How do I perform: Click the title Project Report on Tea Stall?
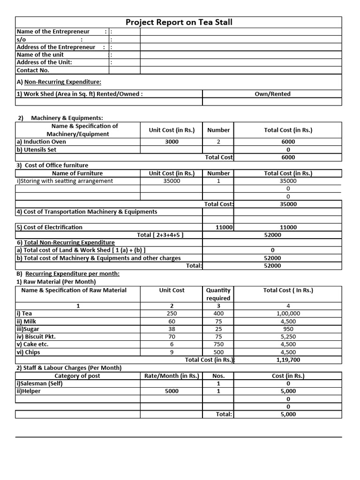click(x=179, y=22)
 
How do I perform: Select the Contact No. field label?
click(x=33, y=70)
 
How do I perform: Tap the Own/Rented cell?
click(x=272, y=94)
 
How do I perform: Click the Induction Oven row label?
click(x=41, y=142)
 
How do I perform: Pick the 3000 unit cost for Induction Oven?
click(x=172, y=142)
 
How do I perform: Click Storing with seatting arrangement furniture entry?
click(x=65, y=181)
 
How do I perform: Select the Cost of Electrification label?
click(x=50, y=227)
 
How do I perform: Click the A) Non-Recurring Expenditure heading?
click(x=59, y=82)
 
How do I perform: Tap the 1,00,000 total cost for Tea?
click(x=288, y=314)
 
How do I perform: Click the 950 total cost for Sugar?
click(x=288, y=329)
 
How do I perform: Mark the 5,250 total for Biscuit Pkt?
click(x=288, y=337)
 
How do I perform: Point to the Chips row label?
click(x=28, y=352)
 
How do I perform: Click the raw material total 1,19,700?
click(x=288, y=360)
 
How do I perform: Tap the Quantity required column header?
click(x=218, y=294)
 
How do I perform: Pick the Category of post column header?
click(x=77, y=375)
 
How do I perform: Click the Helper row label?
click(x=28, y=391)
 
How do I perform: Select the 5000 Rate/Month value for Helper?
click(x=172, y=391)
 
